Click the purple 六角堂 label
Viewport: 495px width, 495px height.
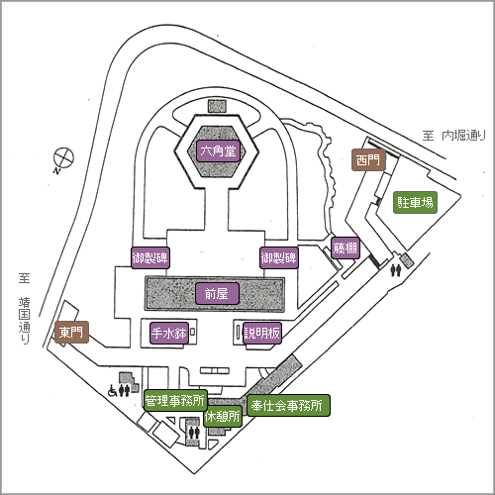218,151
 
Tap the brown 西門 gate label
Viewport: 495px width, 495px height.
368,160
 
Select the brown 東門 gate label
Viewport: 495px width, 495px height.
71,332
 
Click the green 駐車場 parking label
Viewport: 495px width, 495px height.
415,202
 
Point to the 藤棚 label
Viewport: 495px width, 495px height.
346,248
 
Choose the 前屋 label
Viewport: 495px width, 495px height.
217,293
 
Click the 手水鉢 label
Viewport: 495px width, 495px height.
169,334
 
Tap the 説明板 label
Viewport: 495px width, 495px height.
262,334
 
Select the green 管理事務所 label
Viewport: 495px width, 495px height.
175,400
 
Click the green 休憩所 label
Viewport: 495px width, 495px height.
223,417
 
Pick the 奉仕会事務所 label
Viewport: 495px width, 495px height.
288,405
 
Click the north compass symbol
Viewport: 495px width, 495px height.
63,159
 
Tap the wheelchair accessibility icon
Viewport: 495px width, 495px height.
113,391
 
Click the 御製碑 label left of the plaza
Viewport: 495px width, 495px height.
150,257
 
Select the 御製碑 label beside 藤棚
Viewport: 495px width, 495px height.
279,257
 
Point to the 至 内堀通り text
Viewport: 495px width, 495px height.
454,136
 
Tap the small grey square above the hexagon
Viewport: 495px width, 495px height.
217,106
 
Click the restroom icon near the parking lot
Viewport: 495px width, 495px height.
395,270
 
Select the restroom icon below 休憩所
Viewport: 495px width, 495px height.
193,433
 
